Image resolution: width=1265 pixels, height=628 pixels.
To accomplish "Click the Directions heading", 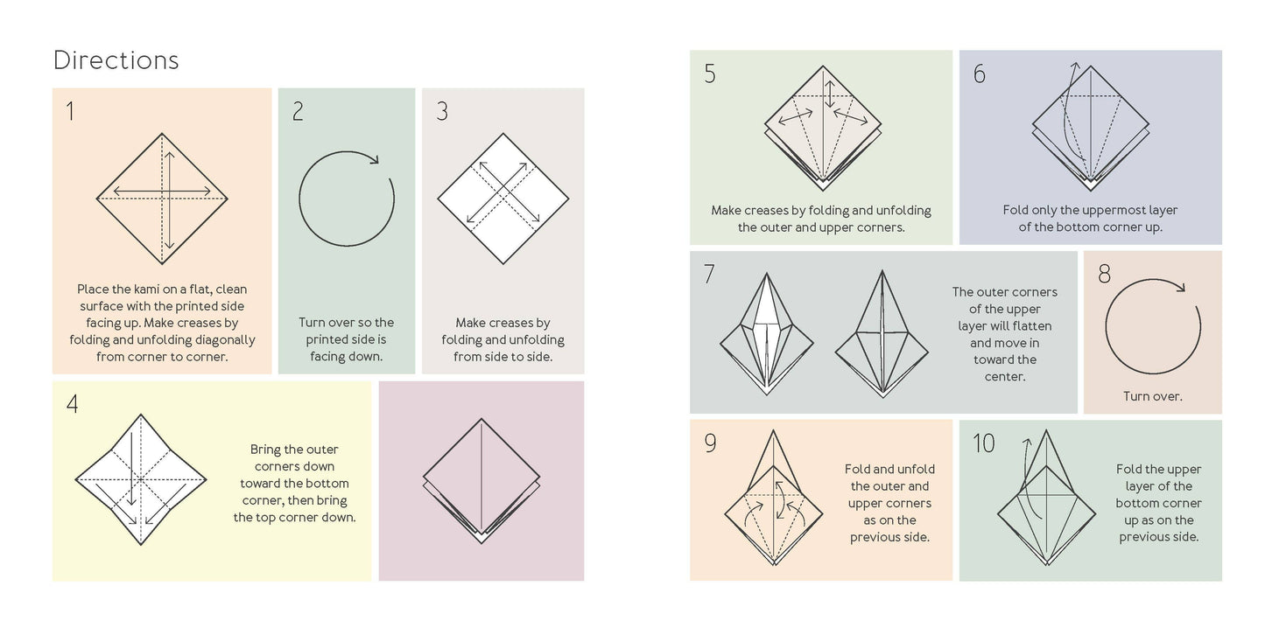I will [x=116, y=60].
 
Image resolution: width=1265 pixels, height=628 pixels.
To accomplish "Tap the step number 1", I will [x=70, y=111].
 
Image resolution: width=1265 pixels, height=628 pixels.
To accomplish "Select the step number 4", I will [x=72, y=404].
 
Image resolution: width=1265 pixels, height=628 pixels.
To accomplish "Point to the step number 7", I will [x=708, y=274].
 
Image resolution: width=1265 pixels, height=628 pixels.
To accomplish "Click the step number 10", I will [x=983, y=443].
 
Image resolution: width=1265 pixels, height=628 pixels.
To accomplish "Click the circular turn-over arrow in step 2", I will [x=347, y=197].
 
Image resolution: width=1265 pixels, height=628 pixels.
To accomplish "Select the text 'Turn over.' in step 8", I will [x=1152, y=396].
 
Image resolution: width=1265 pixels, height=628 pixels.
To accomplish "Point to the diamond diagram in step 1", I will [x=162, y=198].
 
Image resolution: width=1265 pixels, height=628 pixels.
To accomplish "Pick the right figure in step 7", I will [x=882, y=332].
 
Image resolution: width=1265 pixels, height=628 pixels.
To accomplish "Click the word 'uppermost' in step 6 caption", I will [x=1106, y=210].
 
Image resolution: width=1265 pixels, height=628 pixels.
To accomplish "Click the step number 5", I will [x=709, y=74].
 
